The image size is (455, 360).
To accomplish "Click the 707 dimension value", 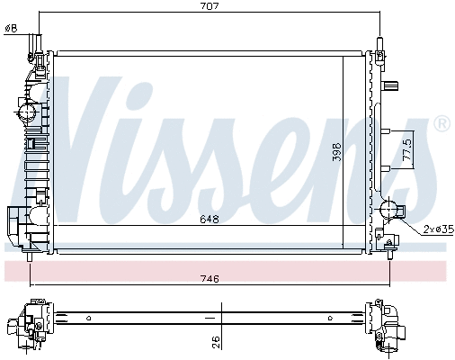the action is tap(210, 6).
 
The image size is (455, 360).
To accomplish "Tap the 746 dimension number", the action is tap(210, 279).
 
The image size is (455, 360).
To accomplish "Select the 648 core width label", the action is tap(210, 220).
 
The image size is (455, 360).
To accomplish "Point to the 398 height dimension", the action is tap(337, 152).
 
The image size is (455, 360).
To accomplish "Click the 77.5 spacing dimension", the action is tap(407, 148).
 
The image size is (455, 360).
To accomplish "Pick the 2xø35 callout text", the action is tap(439, 229).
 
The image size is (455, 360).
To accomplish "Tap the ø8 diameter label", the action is tap(12, 29).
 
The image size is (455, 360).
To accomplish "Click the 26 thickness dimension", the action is tap(216, 342).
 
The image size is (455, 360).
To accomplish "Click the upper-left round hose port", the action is tap(27, 112).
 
